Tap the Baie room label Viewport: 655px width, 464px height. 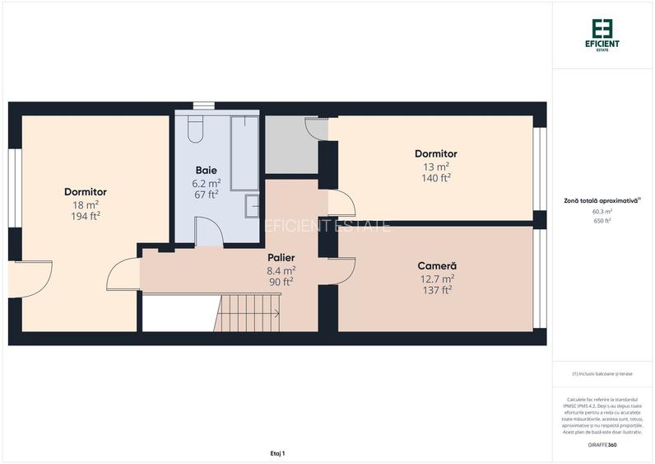click(206, 171)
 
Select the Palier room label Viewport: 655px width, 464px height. click(281, 258)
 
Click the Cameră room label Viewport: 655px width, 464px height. click(436, 266)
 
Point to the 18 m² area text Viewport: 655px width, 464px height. click(86, 204)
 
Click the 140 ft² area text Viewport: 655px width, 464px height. click(436, 177)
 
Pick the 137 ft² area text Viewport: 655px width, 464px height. click(436, 289)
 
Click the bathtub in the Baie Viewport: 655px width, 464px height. click(245, 152)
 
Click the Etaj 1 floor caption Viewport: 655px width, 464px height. click(276, 453)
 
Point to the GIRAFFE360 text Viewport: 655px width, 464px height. click(602, 445)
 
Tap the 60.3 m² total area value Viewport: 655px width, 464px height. click(602, 211)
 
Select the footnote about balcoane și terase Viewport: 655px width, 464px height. click(602, 374)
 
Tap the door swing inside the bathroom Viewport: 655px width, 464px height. click(210, 232)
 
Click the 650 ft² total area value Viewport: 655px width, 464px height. click(602, 221)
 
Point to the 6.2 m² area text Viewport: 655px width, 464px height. click(206, 183)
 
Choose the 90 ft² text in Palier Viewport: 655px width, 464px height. click(281, 281)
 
